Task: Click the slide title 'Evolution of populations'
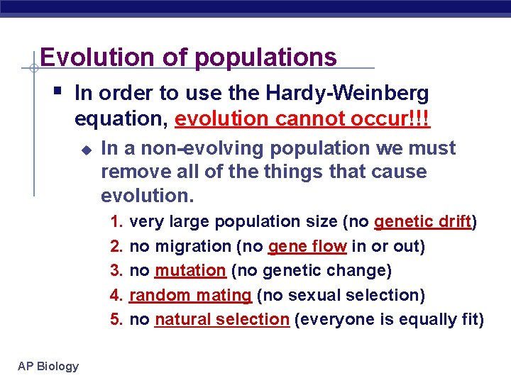[x=188, y=57]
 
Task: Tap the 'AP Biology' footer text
[x=49, y=366]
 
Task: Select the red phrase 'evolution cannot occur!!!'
[x=302, y=118]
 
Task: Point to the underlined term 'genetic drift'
[x=423, y=222]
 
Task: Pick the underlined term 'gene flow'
[x=307, y=246]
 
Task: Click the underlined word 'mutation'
[x=190, y=270]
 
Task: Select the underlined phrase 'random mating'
[x=191, y=294]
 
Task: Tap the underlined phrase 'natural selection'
[x=221, y=319]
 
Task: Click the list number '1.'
[x=118, y=222]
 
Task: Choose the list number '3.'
[x=118, y=270]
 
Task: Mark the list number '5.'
[x=118, y=319]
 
